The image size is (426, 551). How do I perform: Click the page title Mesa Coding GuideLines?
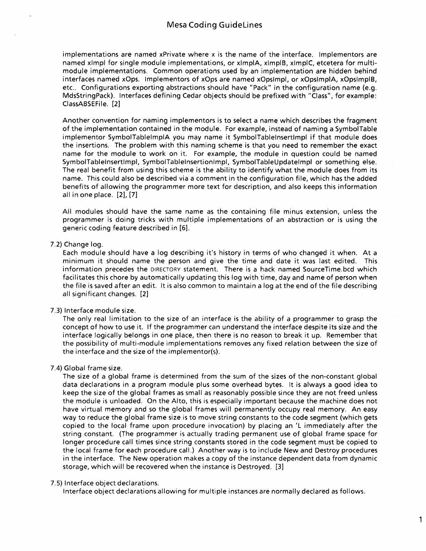[214, 25]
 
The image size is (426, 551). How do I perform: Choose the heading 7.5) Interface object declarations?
[105, 483]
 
